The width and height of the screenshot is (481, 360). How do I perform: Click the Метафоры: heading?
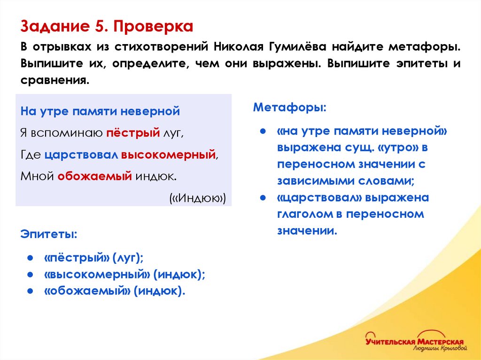289,107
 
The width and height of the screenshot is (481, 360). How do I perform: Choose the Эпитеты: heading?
49,233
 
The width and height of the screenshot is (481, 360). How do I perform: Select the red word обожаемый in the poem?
95,176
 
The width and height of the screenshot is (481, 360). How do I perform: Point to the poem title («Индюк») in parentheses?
198,198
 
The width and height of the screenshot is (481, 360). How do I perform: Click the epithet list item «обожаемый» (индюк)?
115,291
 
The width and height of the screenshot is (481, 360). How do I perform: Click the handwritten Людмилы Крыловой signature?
439,348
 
